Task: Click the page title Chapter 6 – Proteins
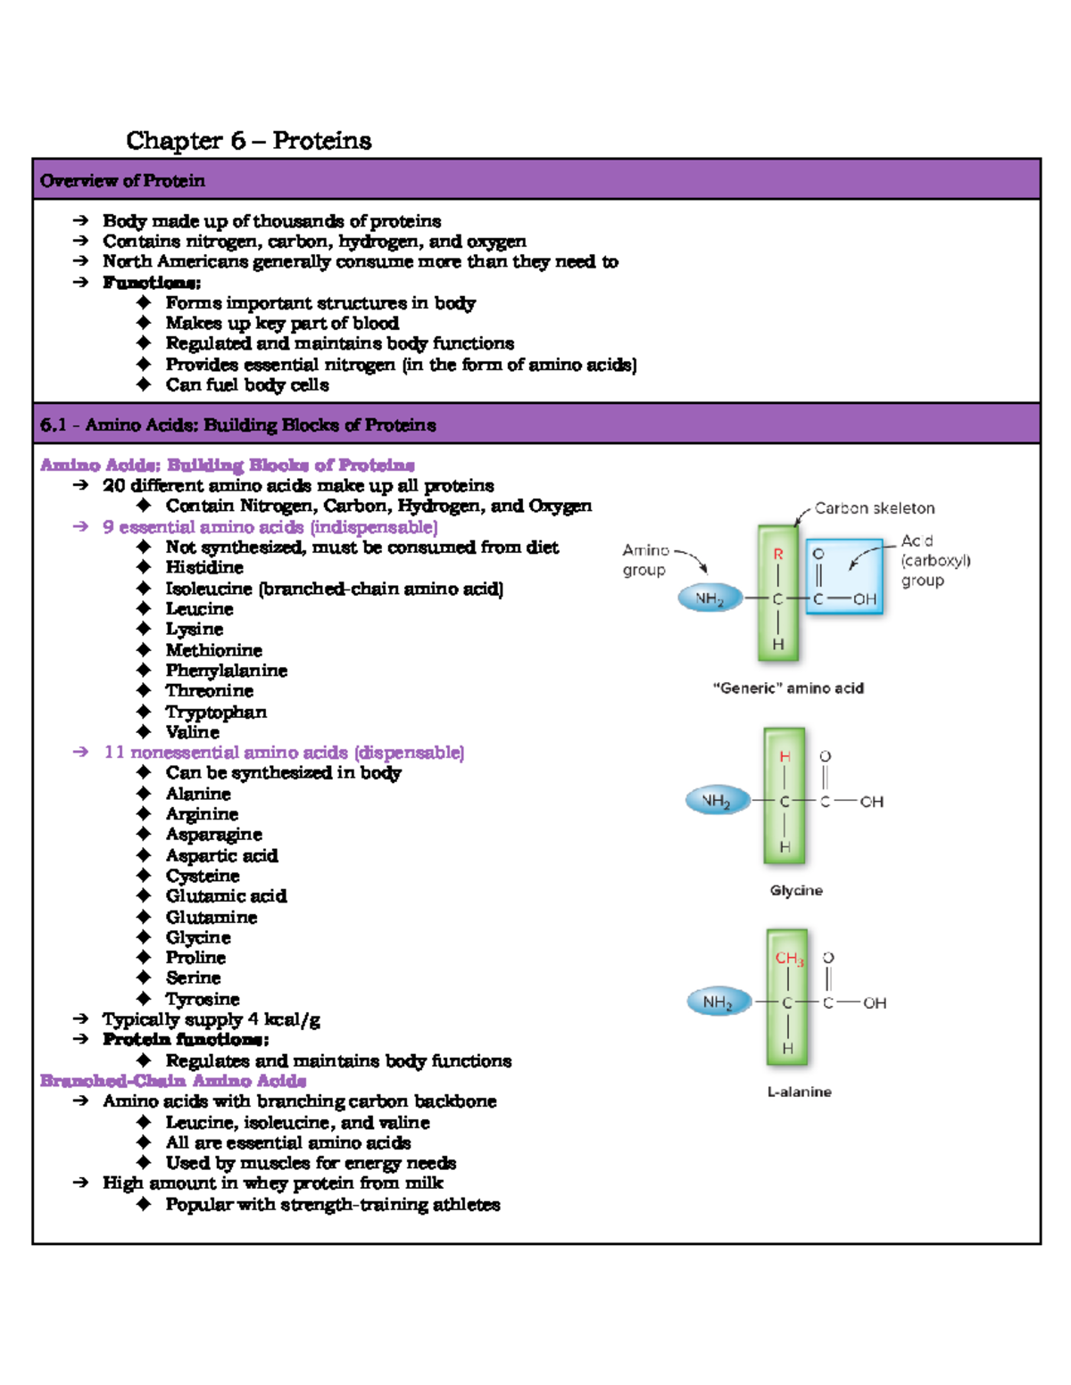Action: click(x=248, y=141)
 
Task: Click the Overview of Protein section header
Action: click(x=122, y=181)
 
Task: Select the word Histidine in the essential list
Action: click(x=204, y=568)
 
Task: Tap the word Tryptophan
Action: click(x=216, y=712)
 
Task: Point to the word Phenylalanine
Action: click(x=227, y=671)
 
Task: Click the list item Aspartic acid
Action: click(x=221, y=856)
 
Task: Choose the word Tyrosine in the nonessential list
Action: click(x=203, y=999)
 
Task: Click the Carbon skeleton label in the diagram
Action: click(x=875, y=508)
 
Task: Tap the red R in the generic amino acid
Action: click(x=778, y=555)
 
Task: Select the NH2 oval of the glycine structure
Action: click(x=716, y=801)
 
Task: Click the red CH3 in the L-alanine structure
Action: click(x=789, y=959)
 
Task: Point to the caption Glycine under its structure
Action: click(x=796, y=890)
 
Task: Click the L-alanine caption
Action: click(x=800, y=1092)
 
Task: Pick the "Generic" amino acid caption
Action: click(x=788, y=688)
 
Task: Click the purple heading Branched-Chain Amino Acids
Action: click(x=173, y=1081)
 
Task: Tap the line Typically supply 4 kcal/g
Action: click(x=211, y=1019)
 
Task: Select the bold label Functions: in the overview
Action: click(x=152, y=283)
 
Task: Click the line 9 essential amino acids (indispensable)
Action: click(x=270, y=527)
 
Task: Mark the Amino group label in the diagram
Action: click(x=645, y=560)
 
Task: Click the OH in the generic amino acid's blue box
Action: click(x=865, y=599)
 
